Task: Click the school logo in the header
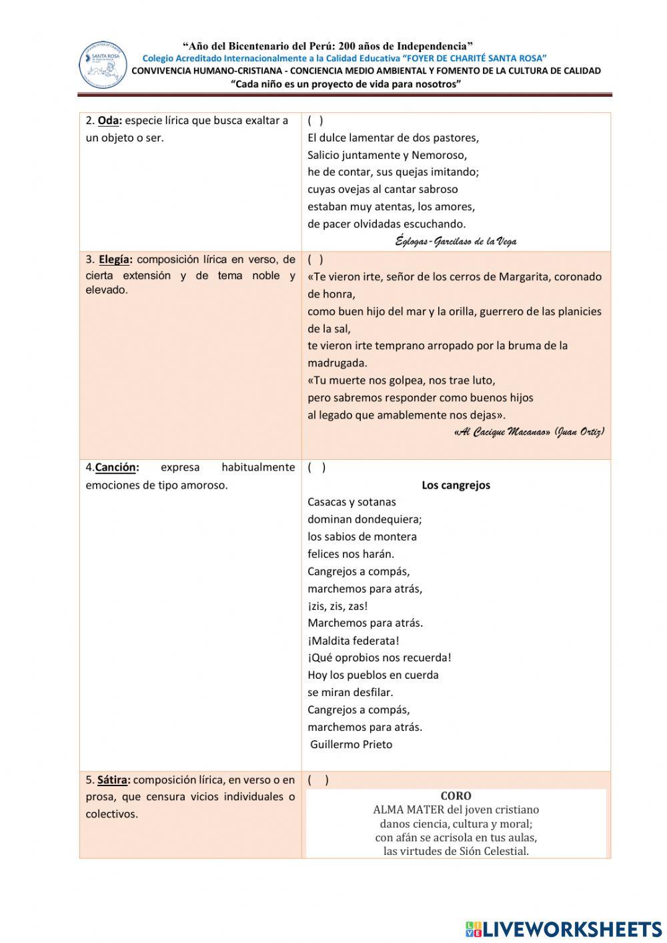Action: [103, 65]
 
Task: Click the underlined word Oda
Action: [108, 121]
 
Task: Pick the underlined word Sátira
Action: [112, 779]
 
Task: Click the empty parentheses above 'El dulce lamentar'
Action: [315, 121]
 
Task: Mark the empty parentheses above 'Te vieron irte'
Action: [315, 260]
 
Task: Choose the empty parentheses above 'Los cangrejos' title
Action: [317, 467]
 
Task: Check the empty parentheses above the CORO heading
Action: [318, 779]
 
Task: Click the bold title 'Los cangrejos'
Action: [456, 485]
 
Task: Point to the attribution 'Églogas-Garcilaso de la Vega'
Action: [456, 241]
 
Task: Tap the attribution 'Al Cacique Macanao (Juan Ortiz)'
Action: [529, 432]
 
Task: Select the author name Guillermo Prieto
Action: [351, 744]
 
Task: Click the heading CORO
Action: [456, 796]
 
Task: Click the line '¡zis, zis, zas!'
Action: [338, 606]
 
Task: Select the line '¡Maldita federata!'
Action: [354, 641]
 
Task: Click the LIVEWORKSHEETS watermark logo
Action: [564, 929]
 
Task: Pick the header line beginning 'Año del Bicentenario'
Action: [328, 46]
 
